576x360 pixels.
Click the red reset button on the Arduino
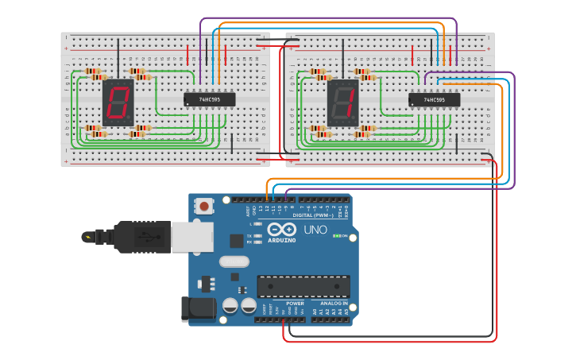pos(205,207)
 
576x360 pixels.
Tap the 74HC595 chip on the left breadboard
pos(210,99)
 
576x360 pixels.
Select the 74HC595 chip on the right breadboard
pos(434,100)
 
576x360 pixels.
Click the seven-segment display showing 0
pos(118,102)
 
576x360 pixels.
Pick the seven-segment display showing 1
pos(342,103)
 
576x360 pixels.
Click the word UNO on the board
pos(315,230)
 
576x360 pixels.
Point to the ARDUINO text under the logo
pos(281,240)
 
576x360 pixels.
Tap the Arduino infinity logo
pos(281,230)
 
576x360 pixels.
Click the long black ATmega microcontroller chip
pos(303,286)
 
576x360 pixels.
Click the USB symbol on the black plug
pos(143,236)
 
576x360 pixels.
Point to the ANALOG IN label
pos(334,303)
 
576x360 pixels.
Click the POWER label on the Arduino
pos(295,303)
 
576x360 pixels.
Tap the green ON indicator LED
pos(336,236)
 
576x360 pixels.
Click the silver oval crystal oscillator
pos(234,261)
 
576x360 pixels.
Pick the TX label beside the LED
pos(249,236)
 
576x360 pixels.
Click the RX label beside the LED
pos(249,242)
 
